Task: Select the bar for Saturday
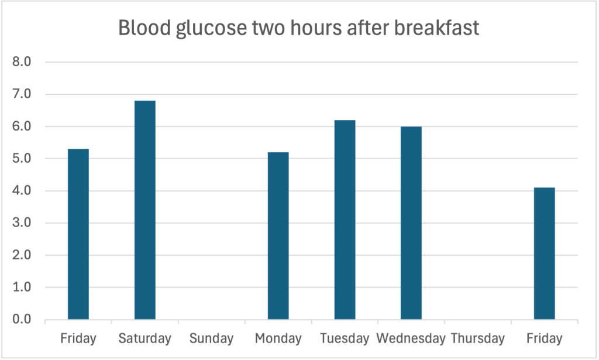pyautogui.click(x=145, y=210)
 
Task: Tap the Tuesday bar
pyautogui.click(x=345, y=220)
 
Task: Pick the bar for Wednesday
pyautogui.click(x=411, y=223)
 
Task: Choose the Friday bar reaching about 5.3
pyautogui.click(x=78, y=234)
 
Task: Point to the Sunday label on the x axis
pyautogui.click(x=211, y=338)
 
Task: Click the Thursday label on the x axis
pyautogui.click(x=478, y=338)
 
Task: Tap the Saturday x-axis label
pyautogui.click(x=144, y=338)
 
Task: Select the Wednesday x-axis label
pyautogui.click(x=411, y=338)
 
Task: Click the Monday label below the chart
pyautogui.click(x=278, y=338)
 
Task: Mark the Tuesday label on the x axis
pyautogui.click(x=345, y=338)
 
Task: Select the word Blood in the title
pyautogui.click(x=139, y=28)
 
